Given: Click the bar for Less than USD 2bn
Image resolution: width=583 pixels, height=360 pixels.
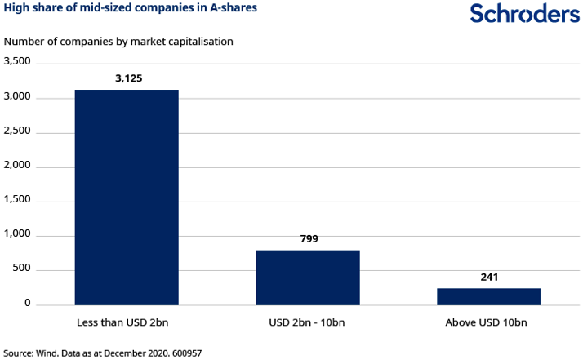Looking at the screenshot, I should [x=127, y=197].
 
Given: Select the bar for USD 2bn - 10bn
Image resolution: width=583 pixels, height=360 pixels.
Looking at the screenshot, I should [x=308, y=277].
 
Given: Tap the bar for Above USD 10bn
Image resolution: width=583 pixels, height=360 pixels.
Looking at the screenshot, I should [x=488, y=296].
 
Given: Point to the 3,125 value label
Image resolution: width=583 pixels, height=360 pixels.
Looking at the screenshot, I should [x=127, y=79].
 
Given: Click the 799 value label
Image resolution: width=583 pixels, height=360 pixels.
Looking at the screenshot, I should [x=308, y=239].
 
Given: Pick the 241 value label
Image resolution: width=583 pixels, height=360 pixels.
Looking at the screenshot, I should [x=488, y=278].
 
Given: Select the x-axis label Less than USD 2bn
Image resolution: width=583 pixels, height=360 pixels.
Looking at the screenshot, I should [x=127, y=322].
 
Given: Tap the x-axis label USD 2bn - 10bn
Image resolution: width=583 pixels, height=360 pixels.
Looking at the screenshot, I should [x=307, y=322].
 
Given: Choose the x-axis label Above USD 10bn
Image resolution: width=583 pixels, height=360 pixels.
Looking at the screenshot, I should [x=488, y=322].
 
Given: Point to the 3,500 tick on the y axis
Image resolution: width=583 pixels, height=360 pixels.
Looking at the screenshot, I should [x=17, y=61].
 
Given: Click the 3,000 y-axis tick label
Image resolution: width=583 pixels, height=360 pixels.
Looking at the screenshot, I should [x=17, y=97].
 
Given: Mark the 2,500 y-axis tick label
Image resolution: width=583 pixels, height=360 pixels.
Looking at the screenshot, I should [x=17, y=131].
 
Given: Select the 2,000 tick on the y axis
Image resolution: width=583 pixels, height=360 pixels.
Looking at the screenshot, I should [x=17, y=167].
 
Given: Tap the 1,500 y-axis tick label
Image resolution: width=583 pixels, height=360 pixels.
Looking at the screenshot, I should [x=17, y=201].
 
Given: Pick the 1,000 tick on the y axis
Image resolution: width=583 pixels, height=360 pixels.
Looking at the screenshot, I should [x=17, y=235].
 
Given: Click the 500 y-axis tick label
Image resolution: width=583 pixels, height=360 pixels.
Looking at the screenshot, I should [x=22, y=269].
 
